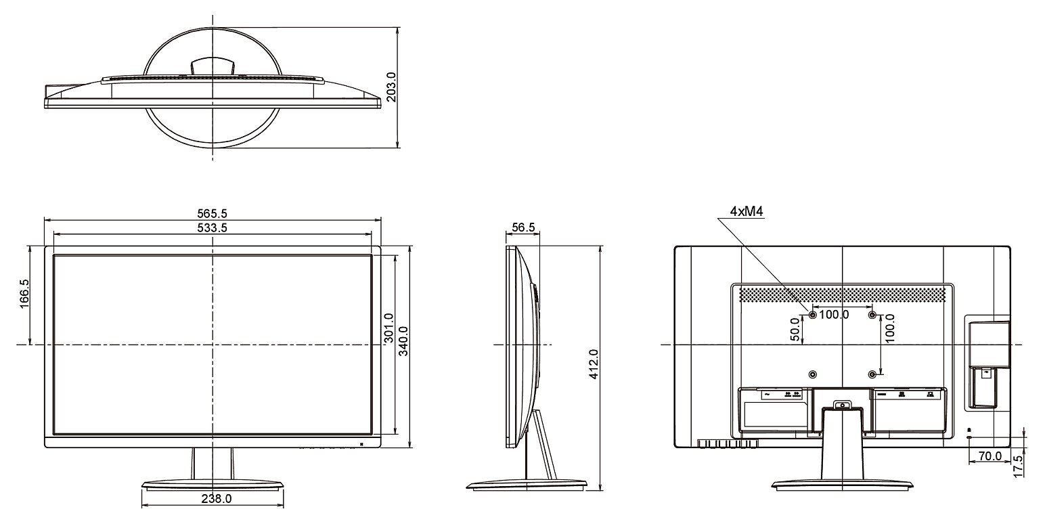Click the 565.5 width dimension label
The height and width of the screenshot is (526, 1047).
213,214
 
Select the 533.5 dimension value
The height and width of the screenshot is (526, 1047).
213,227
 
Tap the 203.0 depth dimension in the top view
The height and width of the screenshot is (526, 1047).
392,87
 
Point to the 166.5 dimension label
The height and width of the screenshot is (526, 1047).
24,294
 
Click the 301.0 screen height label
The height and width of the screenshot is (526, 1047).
389,328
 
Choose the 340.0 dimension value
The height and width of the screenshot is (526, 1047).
403,341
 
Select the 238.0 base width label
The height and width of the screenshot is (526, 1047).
217,499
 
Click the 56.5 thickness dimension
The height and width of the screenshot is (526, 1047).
523,227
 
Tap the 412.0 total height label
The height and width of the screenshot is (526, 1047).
594,364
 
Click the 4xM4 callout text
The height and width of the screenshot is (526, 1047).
747,212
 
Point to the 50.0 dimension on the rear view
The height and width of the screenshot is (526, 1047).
795,329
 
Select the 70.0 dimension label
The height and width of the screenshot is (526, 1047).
990,456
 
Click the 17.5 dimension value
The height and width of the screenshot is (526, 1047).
1018,466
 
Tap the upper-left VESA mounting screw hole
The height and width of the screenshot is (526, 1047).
812,315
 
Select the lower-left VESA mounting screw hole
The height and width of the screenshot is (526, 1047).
812,374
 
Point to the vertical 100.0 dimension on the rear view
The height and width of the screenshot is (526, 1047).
889,328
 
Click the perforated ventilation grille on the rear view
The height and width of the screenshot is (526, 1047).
843,294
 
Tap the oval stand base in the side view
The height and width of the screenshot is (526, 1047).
527,485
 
